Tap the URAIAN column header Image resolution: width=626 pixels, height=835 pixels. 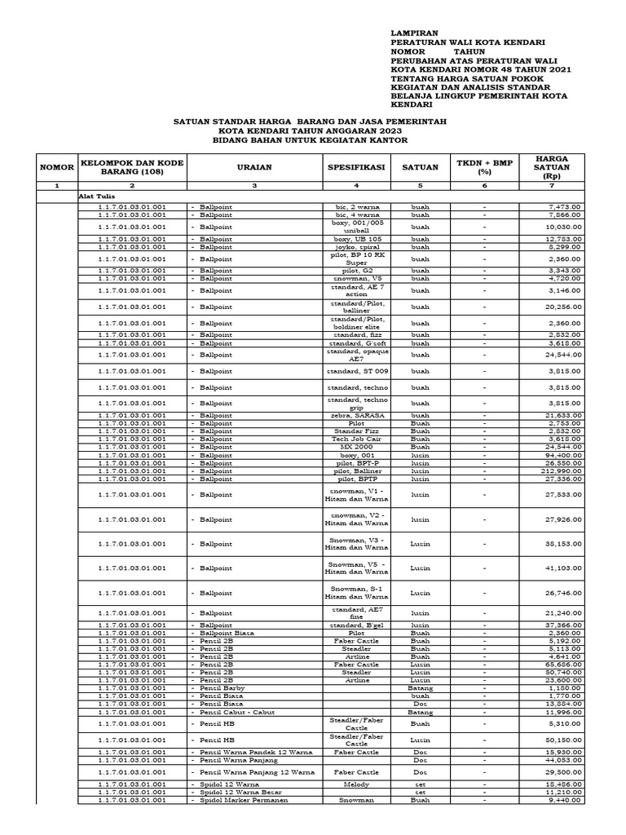(254, 167)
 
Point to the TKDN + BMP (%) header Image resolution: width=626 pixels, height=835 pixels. (484, 167)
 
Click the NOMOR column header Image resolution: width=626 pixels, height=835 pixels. (56, 167)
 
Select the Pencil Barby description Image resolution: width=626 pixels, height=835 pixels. (223, 688)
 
